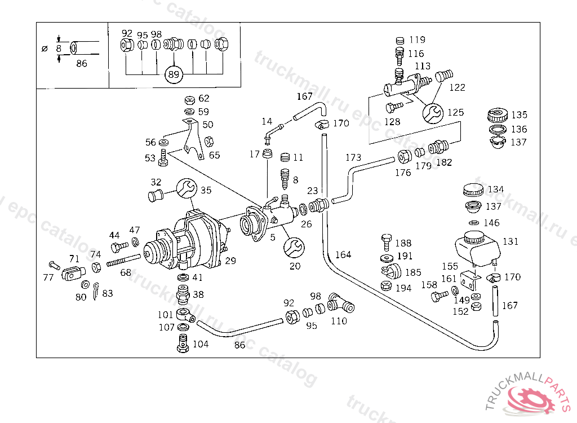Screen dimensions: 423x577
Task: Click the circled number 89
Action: [174, 74]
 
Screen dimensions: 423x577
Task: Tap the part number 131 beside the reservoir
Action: [511, 241]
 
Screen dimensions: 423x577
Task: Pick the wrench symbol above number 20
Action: [294, 247]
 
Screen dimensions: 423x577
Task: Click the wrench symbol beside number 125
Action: [432, 113]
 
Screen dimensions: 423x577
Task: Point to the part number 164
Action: [343, 255]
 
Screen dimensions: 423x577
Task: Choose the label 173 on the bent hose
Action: [353, 157]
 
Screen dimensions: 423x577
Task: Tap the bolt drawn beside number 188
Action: [386, 241]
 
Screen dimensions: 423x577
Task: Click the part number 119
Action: [417, 40]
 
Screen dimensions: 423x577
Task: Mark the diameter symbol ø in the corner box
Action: [45, 49]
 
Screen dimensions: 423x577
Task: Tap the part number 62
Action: [203, 99]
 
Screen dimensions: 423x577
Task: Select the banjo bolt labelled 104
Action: [182, 342]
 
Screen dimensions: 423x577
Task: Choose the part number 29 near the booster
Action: [230, 260]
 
